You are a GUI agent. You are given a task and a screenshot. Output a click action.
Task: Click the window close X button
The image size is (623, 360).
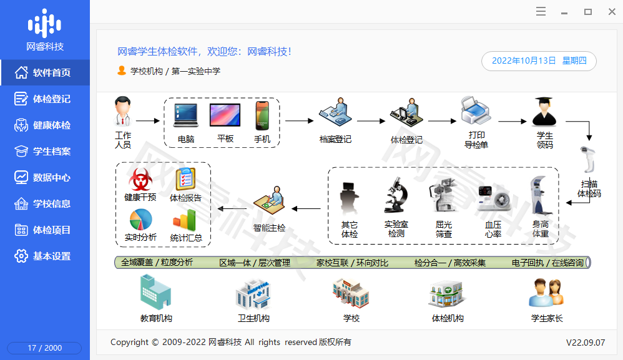pos(612,12)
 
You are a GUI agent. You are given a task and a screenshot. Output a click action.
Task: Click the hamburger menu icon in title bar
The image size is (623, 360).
pos(541,11)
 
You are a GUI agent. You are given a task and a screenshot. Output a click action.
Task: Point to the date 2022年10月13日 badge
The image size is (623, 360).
pos(539,61)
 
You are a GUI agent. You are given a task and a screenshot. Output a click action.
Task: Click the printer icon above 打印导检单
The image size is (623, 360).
pos(476,110)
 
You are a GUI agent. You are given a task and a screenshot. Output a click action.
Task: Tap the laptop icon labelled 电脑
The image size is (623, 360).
pos(185,115)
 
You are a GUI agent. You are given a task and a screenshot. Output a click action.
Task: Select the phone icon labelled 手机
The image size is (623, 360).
pos(262,115)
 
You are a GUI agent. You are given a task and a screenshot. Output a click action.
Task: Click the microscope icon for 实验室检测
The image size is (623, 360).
pos(396,195)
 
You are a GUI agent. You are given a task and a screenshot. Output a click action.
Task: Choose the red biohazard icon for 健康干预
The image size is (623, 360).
pos(140,180)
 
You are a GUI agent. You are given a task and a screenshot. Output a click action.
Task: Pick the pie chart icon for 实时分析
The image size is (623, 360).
pos(140,220)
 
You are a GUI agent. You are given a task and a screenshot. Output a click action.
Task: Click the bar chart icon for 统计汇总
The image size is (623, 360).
pos(185,220)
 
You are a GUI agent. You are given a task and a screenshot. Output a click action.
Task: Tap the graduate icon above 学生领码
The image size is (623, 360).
pos(544,112)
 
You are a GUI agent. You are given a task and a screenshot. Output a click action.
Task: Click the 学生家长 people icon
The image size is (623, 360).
pos(546,293)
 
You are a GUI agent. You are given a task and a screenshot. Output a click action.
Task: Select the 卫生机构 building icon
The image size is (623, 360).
pos(253,294)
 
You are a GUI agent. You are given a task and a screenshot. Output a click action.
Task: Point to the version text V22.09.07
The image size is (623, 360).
pos(586,343)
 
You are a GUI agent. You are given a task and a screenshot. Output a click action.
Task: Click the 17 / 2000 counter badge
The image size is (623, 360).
pos(44,348)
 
